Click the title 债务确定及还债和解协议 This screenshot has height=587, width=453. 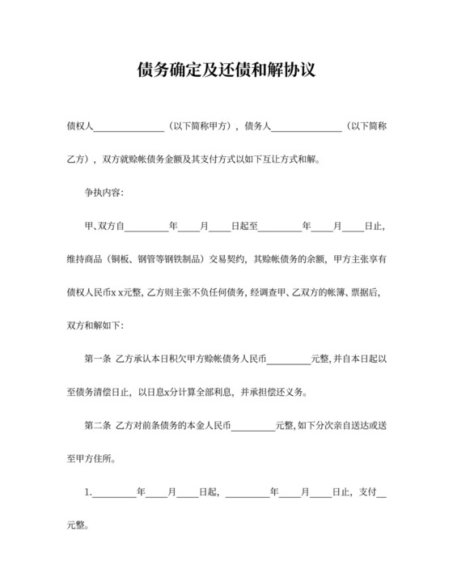226,70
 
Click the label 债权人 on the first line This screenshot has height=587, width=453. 81,127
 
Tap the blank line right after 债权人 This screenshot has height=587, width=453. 129,129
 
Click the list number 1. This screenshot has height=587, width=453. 89,491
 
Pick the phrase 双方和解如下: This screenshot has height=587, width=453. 96,324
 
